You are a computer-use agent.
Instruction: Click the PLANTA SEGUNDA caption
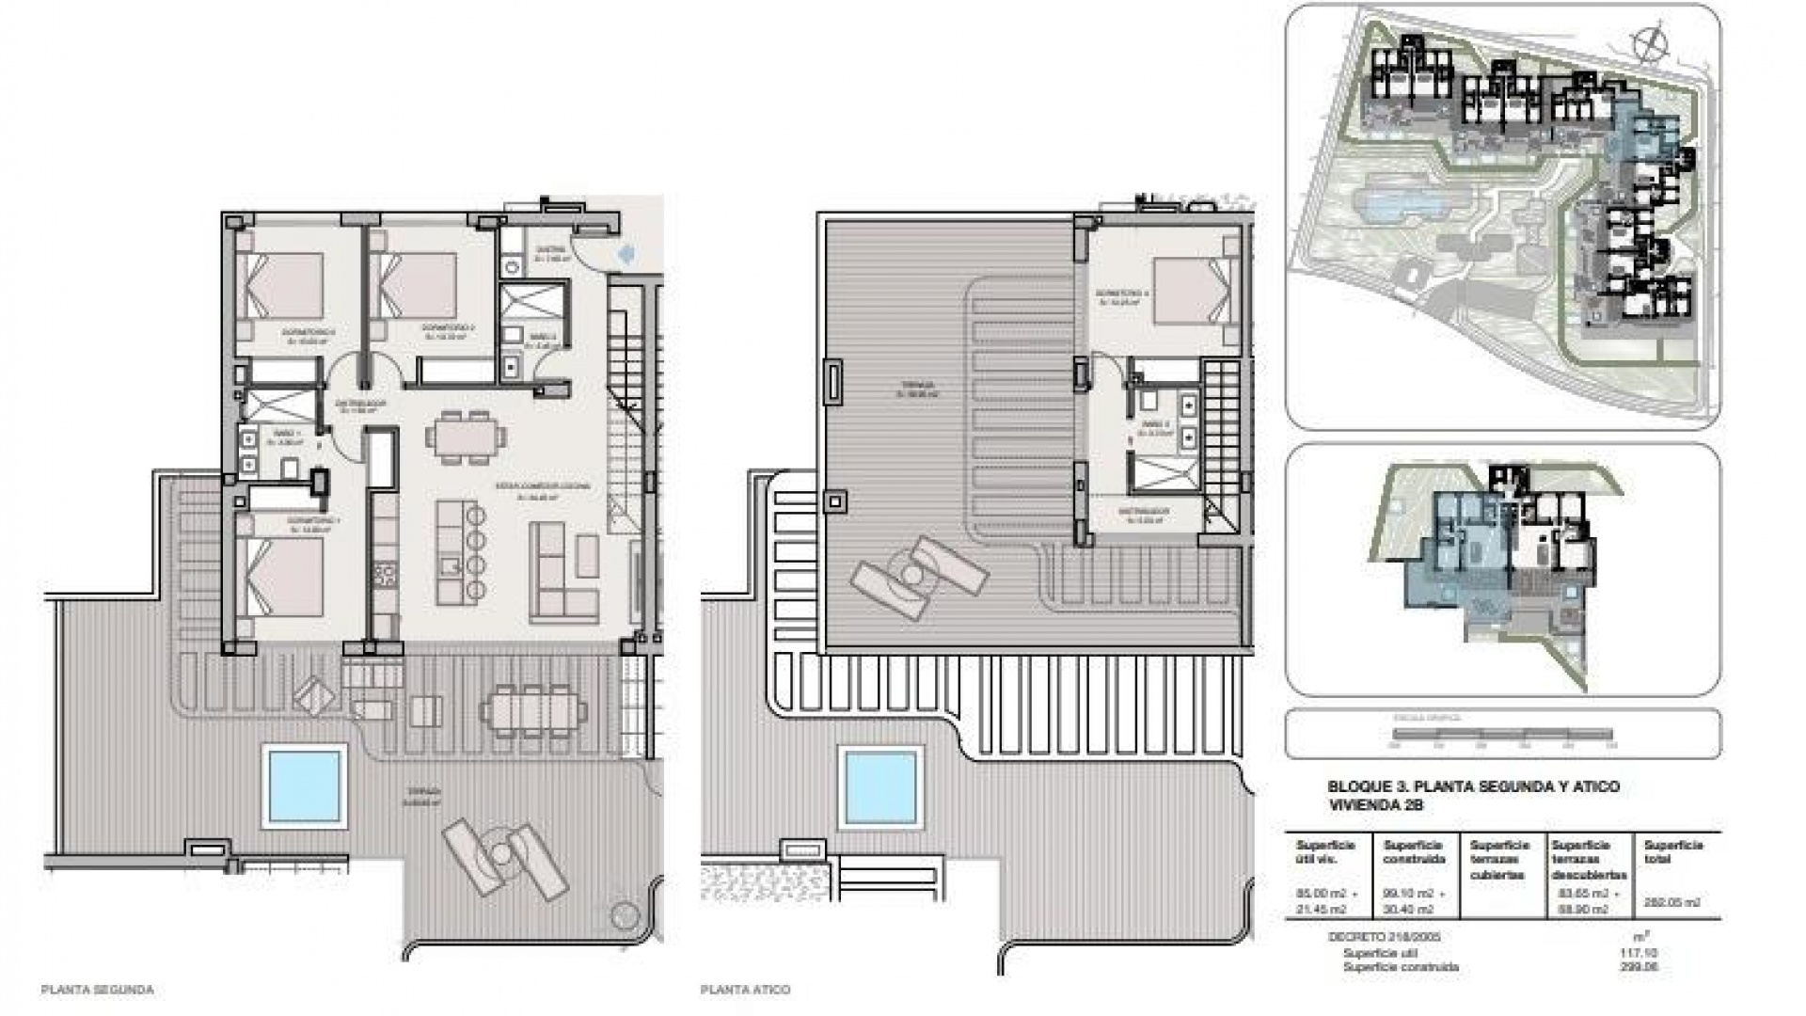(x=98, y=990)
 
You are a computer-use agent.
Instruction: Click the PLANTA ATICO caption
(x=745, y=990)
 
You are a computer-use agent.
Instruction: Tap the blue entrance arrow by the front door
(x=629, y=252)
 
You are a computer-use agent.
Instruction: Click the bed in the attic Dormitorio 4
(x=1191, y=286)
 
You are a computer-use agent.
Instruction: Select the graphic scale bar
(x=1502, y=735)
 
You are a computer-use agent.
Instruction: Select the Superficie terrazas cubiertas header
(x=1500, y=859)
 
